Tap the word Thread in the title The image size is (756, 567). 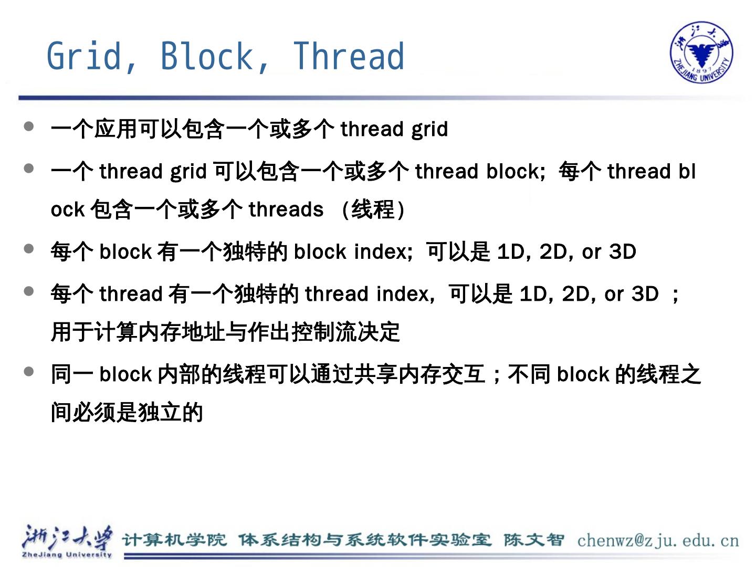click(x=349, y=56)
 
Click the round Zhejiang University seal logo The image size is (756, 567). click(x=701, y=52)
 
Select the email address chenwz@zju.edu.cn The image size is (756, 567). click(x=658, y=540)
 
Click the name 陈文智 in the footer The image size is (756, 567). click(x=533, y=540)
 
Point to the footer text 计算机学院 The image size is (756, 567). click(x=174, y=540)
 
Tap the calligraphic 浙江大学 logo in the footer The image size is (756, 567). click(x=67, y=539)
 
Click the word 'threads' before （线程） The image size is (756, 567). click(x=286, y=209)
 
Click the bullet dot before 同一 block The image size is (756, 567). click(x=29, y=372)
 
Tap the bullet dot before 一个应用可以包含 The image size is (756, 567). click(x=29, y=127)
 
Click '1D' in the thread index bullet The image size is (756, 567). click(x=533, y=293)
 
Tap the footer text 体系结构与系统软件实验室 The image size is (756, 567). click(x=365, y=540)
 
